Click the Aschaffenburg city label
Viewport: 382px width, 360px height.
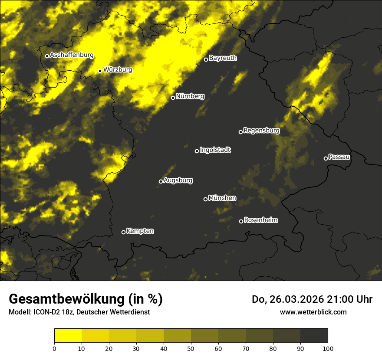point(72,55)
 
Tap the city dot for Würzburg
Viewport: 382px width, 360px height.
point(100,71)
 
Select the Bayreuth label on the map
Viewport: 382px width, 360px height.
point(223,58)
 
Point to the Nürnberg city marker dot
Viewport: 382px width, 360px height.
point(173,98)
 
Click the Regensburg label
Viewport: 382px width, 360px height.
point(261,130)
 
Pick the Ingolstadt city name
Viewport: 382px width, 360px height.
point(215,150)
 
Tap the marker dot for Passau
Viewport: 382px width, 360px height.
point(326,158)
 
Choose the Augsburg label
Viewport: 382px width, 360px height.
point(178,180)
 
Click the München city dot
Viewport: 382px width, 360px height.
point(205,199)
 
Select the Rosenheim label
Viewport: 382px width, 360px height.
point(260,220)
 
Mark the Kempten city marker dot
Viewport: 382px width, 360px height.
point(123,232)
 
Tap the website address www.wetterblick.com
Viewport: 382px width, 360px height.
point(313,312)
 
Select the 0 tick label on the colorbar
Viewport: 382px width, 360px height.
point(54,348)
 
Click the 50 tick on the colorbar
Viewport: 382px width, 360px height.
point(191,348)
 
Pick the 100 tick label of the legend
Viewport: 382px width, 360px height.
point(327,348)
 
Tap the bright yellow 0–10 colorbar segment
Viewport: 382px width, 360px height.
point(68,336)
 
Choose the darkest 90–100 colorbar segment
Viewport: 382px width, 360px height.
point(314,336)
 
